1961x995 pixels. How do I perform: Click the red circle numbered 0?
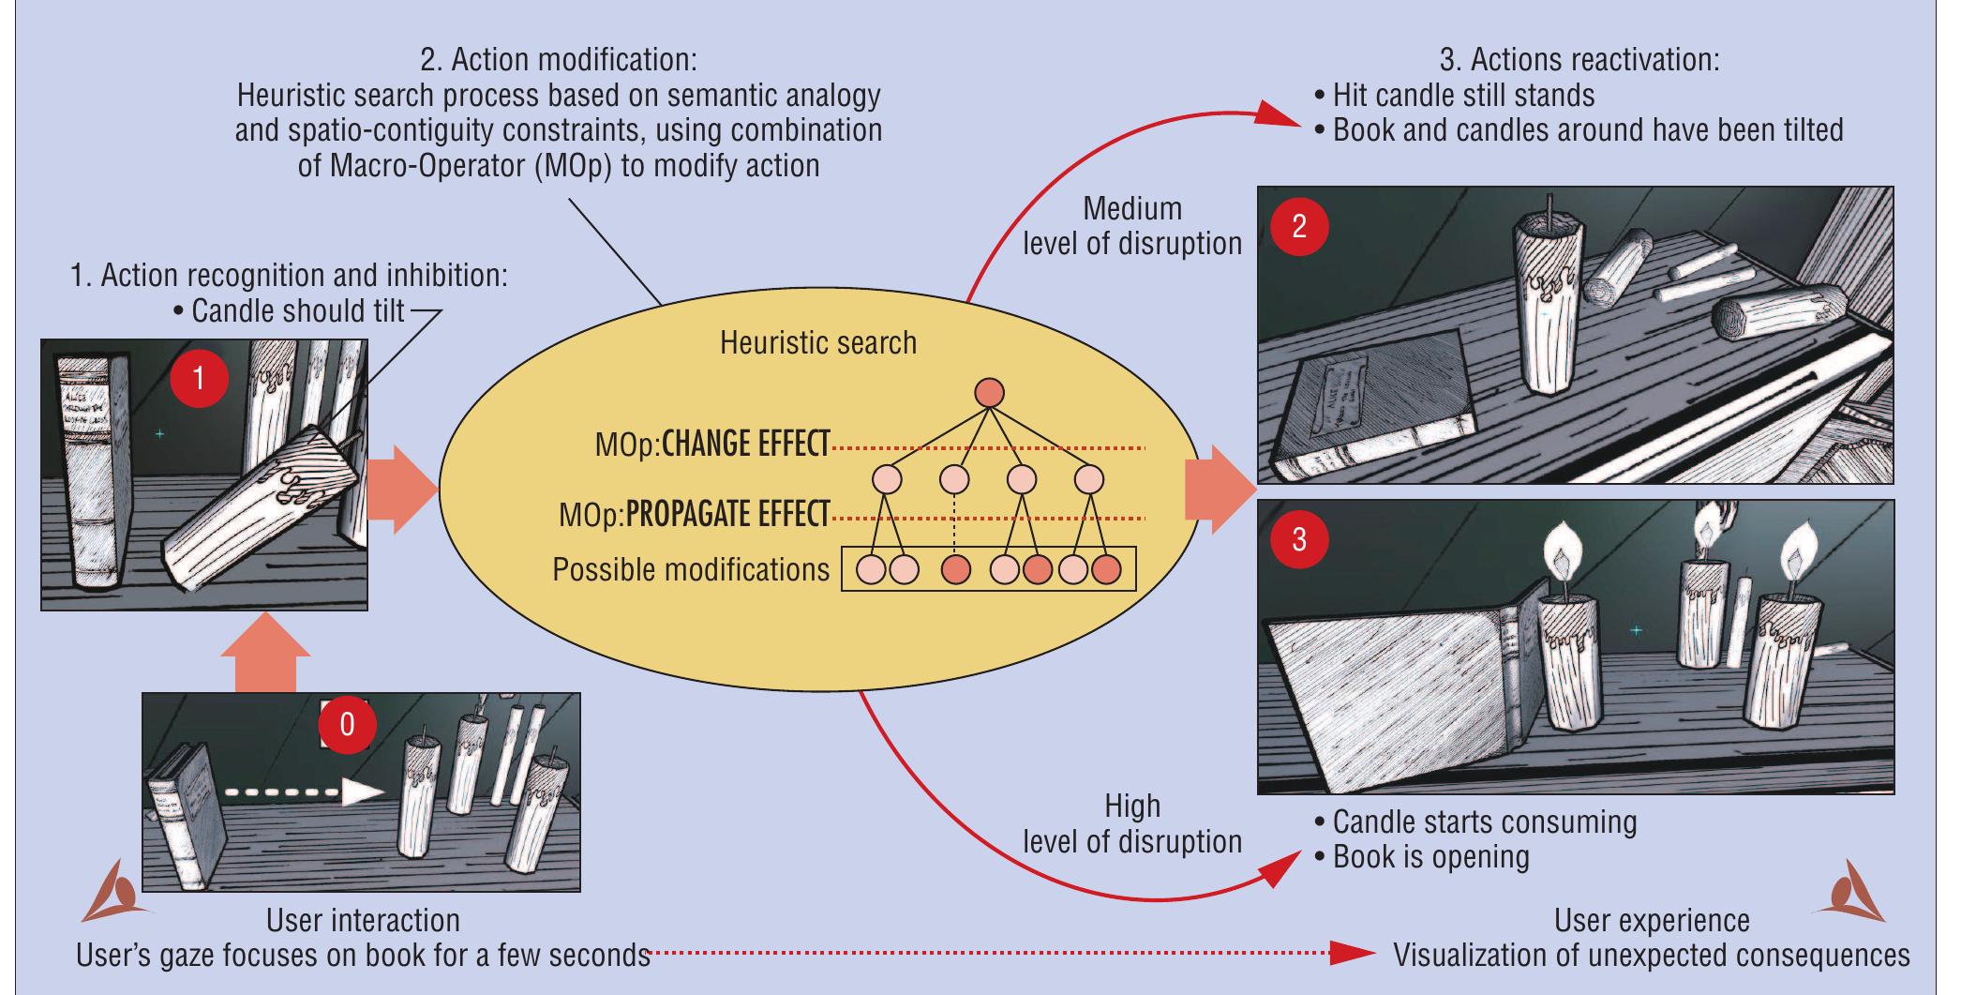tap(347, 724)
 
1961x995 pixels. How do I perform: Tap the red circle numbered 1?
tap(199, 378)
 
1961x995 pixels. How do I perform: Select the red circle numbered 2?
tap(1298, 226)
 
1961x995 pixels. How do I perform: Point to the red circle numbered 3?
tap(1298, 539)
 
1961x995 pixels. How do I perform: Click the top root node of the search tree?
tap(989, 393)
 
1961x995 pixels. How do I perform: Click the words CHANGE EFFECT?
tap(745, 444)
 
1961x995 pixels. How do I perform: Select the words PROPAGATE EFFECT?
tap(727, 514)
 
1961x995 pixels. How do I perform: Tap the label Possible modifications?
tap(691, 569)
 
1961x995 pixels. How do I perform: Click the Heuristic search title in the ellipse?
tap(817, 342)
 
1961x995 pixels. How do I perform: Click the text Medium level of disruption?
tap(1131, 226)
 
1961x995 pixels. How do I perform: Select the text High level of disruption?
tap(1131, 823)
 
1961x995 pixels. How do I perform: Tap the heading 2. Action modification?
tap(559, 60)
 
